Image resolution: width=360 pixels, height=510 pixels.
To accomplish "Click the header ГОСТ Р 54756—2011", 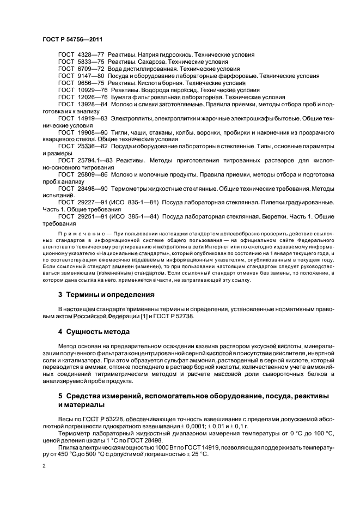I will (72, 40).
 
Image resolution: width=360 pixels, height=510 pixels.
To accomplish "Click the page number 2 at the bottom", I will (44, 466).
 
